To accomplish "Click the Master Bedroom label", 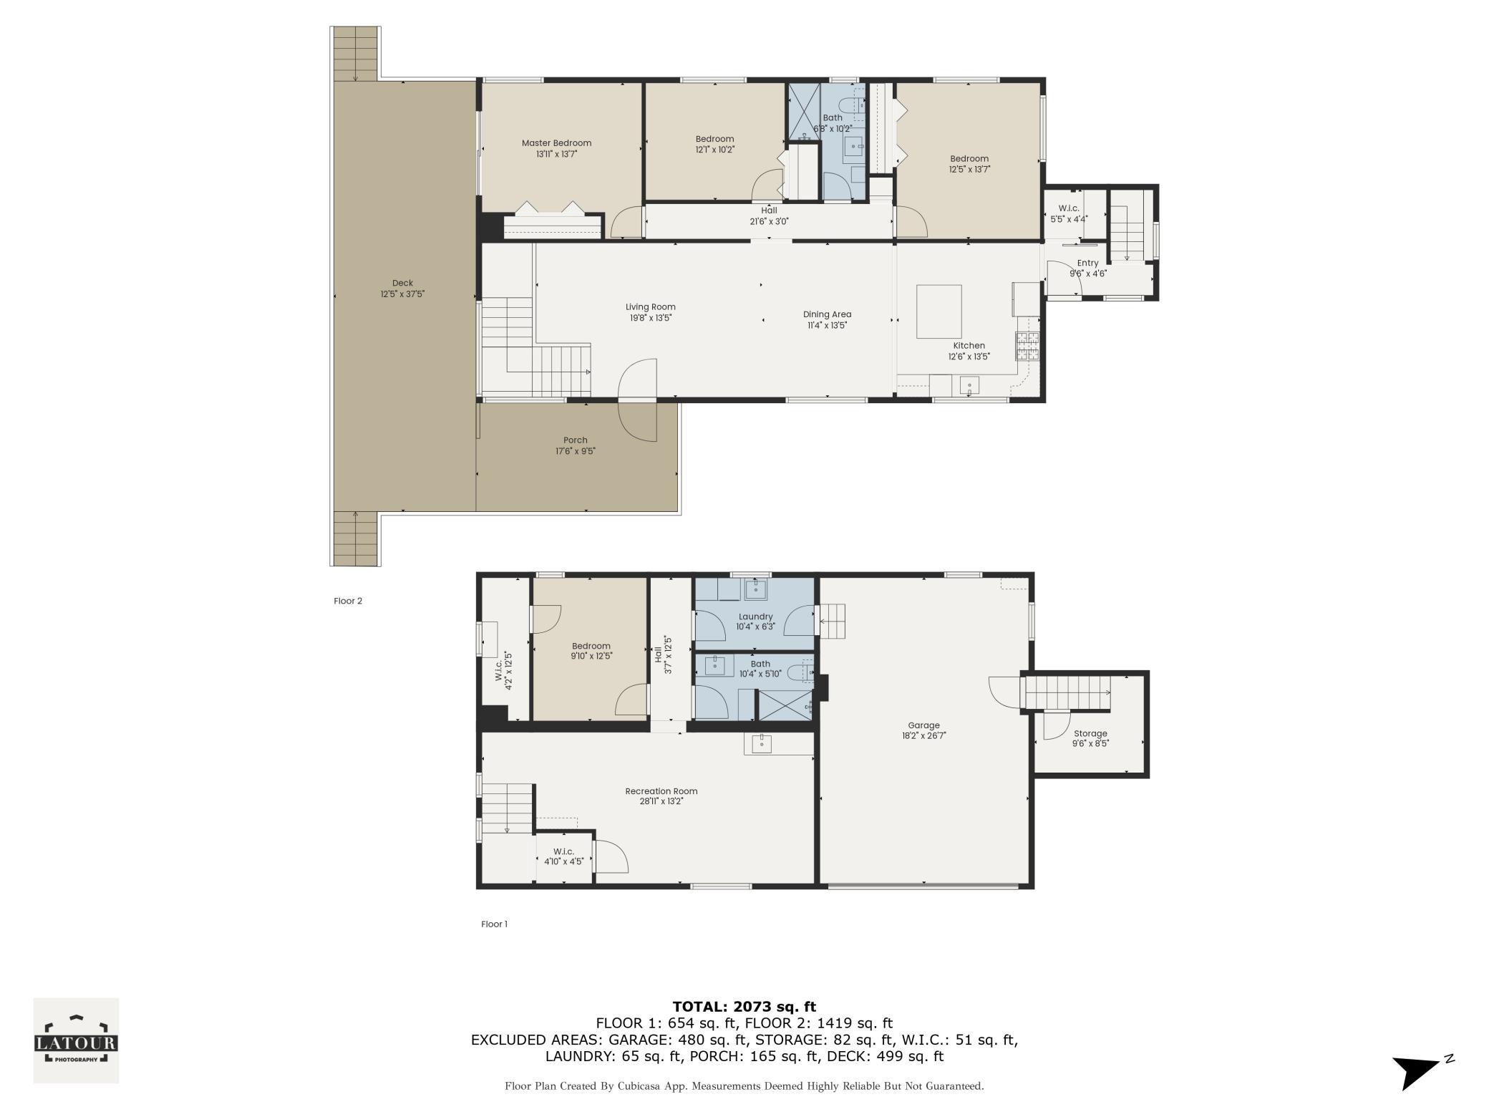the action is coord(556,143).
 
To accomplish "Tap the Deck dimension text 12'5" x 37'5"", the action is coord(402,294).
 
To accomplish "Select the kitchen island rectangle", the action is coord(939,311).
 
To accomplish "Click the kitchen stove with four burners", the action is coord(1027,347).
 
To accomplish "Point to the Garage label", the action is coord(923,725).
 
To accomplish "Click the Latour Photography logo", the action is coord(76,1040).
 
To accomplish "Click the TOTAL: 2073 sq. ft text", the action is coord(744,1007).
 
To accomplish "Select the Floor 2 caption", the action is coord(348,601).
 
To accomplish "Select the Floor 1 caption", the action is coord(494,924).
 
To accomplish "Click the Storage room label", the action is coord(1090,733).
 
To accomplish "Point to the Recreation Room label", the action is coord(661,791).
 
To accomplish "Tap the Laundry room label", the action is coord(755,616).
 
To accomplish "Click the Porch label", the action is coord(575,440).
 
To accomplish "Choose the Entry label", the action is coord(1087,263).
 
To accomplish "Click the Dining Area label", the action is coord(827,314).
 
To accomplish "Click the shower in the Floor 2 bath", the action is coord(804,112).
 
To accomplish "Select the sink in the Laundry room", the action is coord(755,589).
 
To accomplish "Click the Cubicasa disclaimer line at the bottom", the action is coord(744,1086).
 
